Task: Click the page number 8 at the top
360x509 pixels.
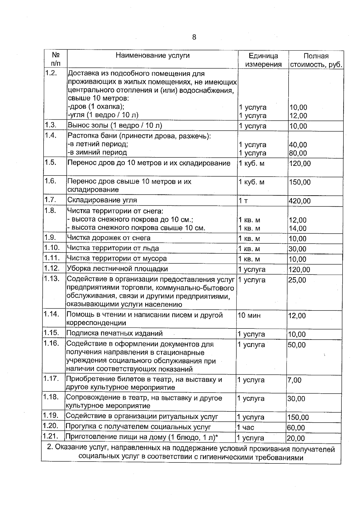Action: pyautogui.click(x=194, y=37)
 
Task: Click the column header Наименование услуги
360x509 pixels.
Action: pyautogui.click(x=153, y=55)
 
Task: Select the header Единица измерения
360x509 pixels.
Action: pyautogui.click(x=263, y=60)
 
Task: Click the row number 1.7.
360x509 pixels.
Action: pyautogui.click(x=51, y=199)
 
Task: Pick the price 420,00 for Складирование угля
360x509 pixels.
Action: pyautogui.click(x=299, y=201)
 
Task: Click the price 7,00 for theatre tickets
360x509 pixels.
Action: pyautogui.click(x=294, y=380)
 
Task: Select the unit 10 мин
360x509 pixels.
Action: pyautogui.click(x=249, y=316)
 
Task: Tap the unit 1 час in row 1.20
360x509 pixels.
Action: pyautogui.click(x=245, y=427)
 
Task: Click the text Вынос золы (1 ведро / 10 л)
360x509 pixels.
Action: pyautogui.click(x=115, y=125)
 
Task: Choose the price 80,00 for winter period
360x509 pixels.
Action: pyautogui.click(x=298, y=153)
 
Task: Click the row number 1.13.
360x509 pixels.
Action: pyautogui.click(x=51, y=279)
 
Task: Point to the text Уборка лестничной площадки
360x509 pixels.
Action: pyautogui.click(x=117, y=269)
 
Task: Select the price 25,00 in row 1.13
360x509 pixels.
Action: pyautogui.click(x=297, y=280)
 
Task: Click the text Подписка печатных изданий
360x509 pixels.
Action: pyautogui.click(x=114, y=333)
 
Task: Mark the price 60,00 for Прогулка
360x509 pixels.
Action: pyautogui.click(x=296, y=428)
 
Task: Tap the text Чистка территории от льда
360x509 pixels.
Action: pyautogui.click(x=113, y=248)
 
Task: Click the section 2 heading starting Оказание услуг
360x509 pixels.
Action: pyautogui.click(x=191, y=453)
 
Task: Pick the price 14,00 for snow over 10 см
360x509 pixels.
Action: pyautogui.click(x=298, y=228)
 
